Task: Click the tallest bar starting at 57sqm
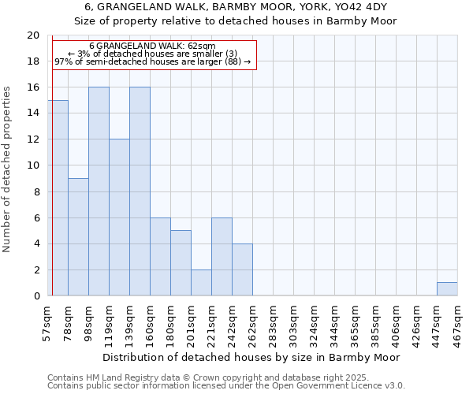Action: (58, 198)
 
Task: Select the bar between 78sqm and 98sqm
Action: (78, 236)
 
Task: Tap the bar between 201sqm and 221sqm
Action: (201, 282)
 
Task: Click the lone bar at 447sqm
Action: (447, 289)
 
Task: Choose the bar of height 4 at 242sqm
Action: (242, 269)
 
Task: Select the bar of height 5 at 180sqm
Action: (181, 263)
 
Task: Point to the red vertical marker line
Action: (51, 165)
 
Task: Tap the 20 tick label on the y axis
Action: (33, 35)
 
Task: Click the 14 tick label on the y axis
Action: (33, 113)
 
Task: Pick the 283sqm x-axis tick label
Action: (274, 323)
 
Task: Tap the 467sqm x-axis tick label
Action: (458, 323)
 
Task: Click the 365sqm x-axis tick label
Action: (356, 323)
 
